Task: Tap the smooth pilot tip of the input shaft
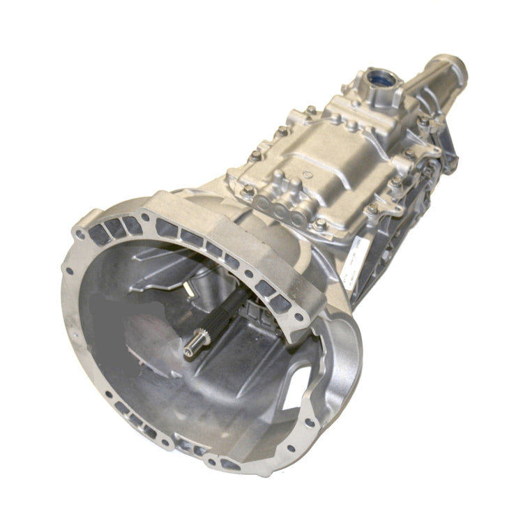pos(197,341)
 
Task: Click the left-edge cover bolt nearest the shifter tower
pos(310,110)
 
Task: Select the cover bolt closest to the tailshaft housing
pos(424,120)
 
